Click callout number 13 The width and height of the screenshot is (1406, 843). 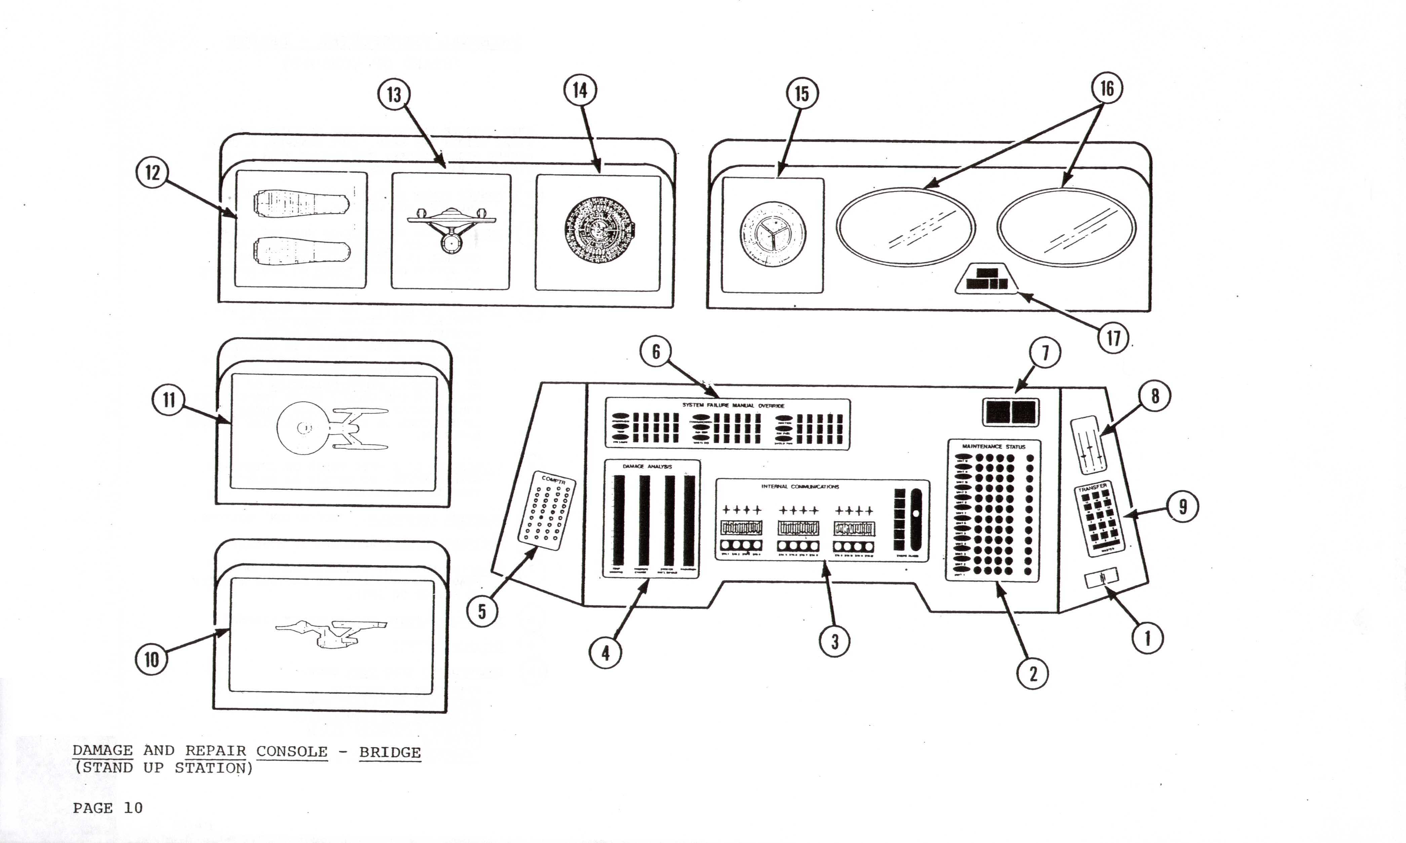pyautogui.click(x=394, y=94)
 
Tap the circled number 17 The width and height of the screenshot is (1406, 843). pyautogui.click(x=1113, y=338)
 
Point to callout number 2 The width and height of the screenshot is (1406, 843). pyautogui.click(x=1033, y=674)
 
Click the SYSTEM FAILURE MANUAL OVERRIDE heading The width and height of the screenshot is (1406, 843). pyautogui.click(x=733, y=406)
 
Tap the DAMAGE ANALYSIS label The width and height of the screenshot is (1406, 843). pyautogui.click(x=647, y=467)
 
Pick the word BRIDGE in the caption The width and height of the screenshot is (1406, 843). pyautogui.click(x=390, y=752)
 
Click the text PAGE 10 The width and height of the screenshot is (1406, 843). pyautogui.click(x=107, y=808)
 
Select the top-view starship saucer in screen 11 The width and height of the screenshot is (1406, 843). pyautogui.click(x=303, y=428)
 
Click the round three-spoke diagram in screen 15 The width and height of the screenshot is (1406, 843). pyautogui.click(x=773, y=234)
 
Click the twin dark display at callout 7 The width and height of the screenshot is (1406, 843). pyautogui.click(x=1011, y=411)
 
